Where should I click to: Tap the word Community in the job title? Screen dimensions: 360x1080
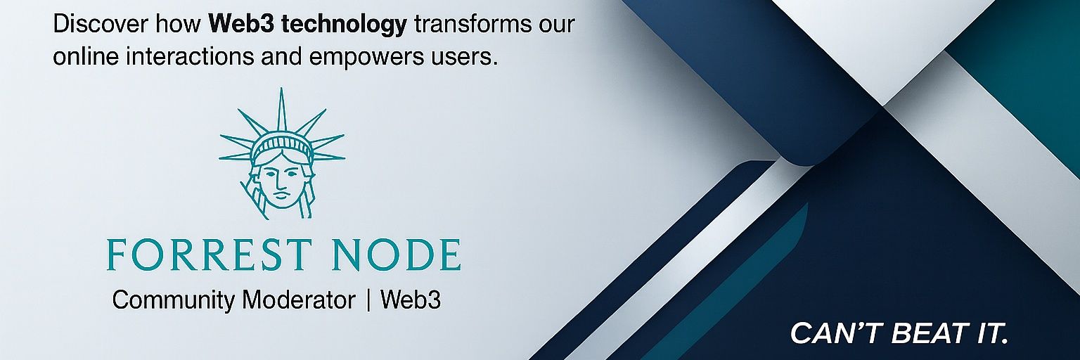[x=174, y=301]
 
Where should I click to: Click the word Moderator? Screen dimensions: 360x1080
[x=298, y=300]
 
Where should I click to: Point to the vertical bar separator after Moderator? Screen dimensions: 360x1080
[x=368, y=301]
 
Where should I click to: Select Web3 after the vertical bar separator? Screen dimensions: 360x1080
[x=410, y=300]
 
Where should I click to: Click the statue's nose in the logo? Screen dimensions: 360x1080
[x=281, y=179]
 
